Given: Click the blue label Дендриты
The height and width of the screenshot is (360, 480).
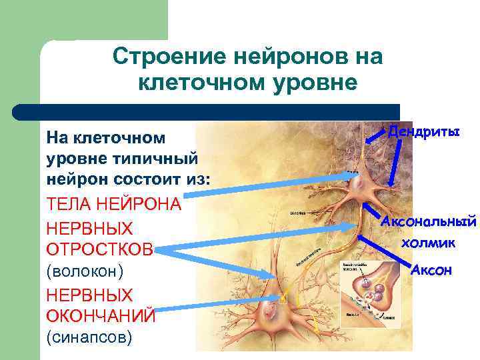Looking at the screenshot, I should tap(424, 131).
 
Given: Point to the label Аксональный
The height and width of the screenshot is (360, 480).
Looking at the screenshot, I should tap(429, 220).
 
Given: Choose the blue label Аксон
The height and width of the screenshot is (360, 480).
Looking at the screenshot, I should tap(431, 269).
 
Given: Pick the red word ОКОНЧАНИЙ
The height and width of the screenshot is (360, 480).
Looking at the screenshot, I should tap(101, 315).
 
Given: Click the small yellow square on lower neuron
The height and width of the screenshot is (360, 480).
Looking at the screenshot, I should tap(283, 297).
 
